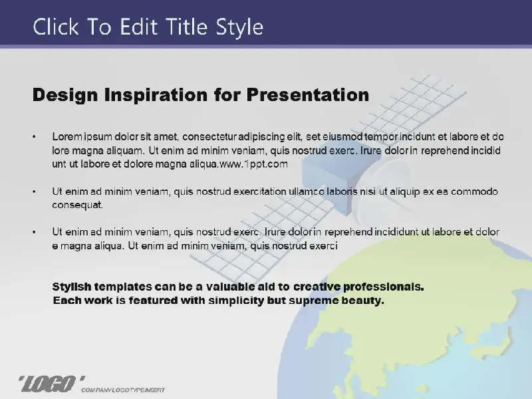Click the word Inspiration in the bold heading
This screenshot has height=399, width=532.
pyautogui.click(x=156, y=95)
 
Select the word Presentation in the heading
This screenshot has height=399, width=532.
pyautogui.click(x=308, y=94)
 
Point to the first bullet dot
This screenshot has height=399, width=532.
pyautogui.click(x=34, y=137)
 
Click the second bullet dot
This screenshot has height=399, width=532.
pyautogui.click(x=34, y=192)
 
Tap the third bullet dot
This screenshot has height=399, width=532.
pyautogui.click(x=34, y=232)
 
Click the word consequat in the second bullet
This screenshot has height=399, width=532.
pyautogui.click(x=77, y=205)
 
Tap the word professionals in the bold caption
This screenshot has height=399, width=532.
pyautogui.click(x=384, y=287)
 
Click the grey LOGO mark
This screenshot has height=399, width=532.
pyautogui.click(x=51, y=384)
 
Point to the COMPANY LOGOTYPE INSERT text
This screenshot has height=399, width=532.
pyautogui.click(x=123, y=390)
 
